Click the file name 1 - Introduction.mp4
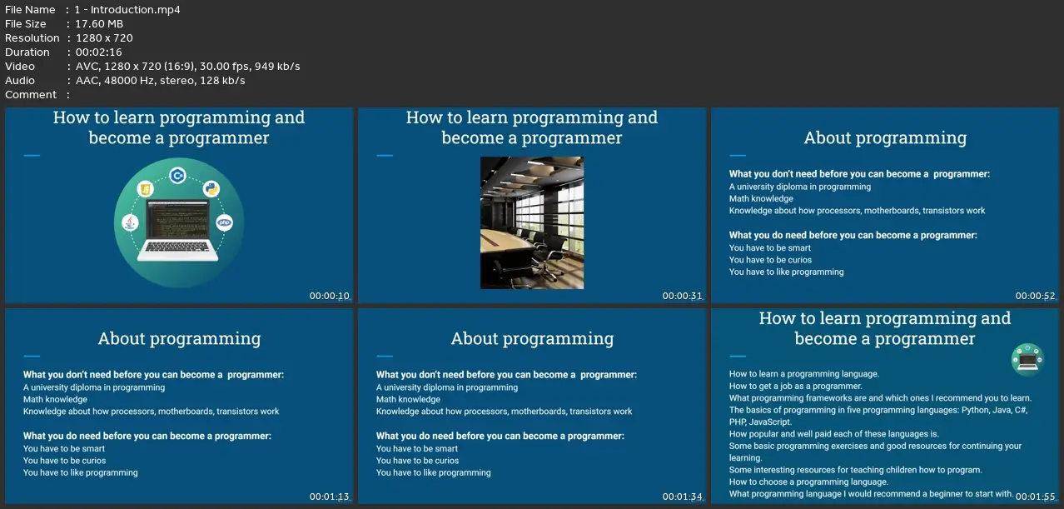[x=127, y=9]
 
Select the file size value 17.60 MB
[x=99, y=24]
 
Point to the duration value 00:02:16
[x=99, y=52]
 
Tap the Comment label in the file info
[x=31, y=95]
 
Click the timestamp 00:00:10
[x=329, y=296]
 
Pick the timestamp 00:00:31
[x=682, y=296]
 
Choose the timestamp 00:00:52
[x=1035, y=296]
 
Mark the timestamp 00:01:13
[x=329, y=497]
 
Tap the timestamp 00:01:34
[x=682, y=497]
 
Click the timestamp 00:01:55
[x=1035, y=497]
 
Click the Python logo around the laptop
[x=211, y=188]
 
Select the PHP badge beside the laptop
[x=224, y=222]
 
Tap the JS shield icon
[x=146, y=189]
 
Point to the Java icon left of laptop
[x=130, y=222]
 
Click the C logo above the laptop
[x=177, y=176]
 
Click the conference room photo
[x=532, y=222]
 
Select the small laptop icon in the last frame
[x=1027, y=360]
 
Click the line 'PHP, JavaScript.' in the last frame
[x=760, y=422]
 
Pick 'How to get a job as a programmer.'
[x=796, y=386]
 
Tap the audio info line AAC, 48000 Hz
[x=160, y=81]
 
